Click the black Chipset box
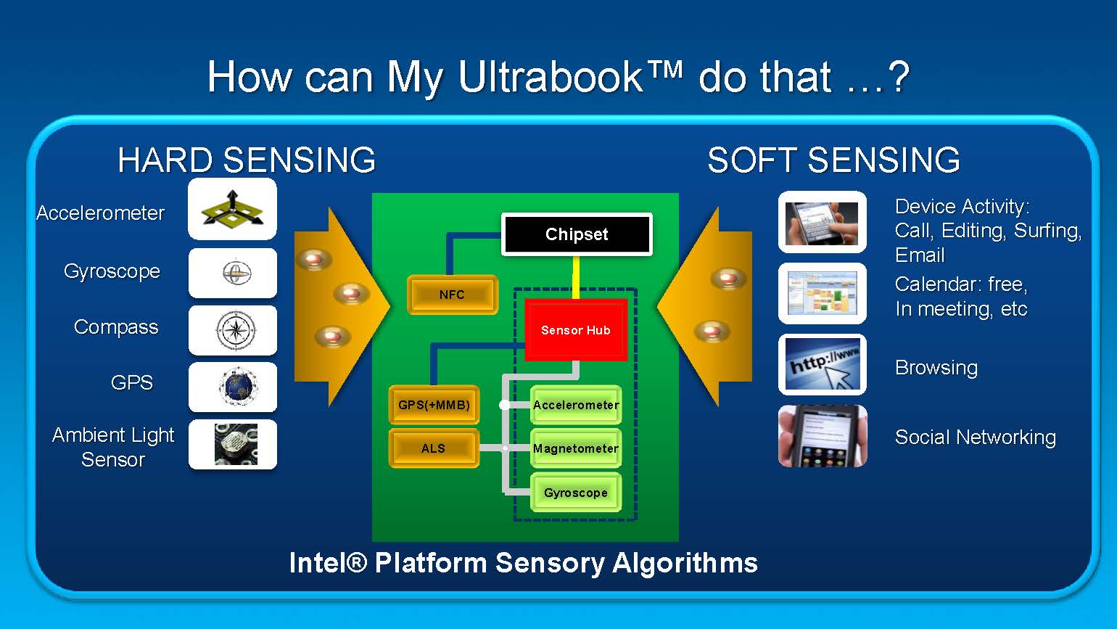pyautogui.click(x=577, y=234)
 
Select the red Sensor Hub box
pyautogui.click(x=576, y=330)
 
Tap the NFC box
pyautogui.click(x=452, y=295)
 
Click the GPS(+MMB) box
pyautogui.click(x=434, y=405)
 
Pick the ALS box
pyautogui.click(x=434, y=448)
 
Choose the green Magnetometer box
pyautogui.click(x=576, y=448)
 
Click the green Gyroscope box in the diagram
pyautogui.click(x=576, y=493)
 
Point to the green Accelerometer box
pyautogui.click(x=576, y=405)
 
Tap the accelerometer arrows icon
pyautogui.click(x=232, y=210)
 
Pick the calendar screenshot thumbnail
pyautogui.click(x=823, y=293)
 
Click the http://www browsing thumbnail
pyautogui.click(x=823, y=364)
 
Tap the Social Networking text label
pyautogui.click(x=975, y=437)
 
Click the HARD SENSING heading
pyautogui.click(x=247, y=160)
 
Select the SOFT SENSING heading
pyautogui.click(x=833, y=160)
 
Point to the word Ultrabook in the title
pyautogui.click(x=551, y=76)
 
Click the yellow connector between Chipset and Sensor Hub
pyautogui.click(x=577, y=277)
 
